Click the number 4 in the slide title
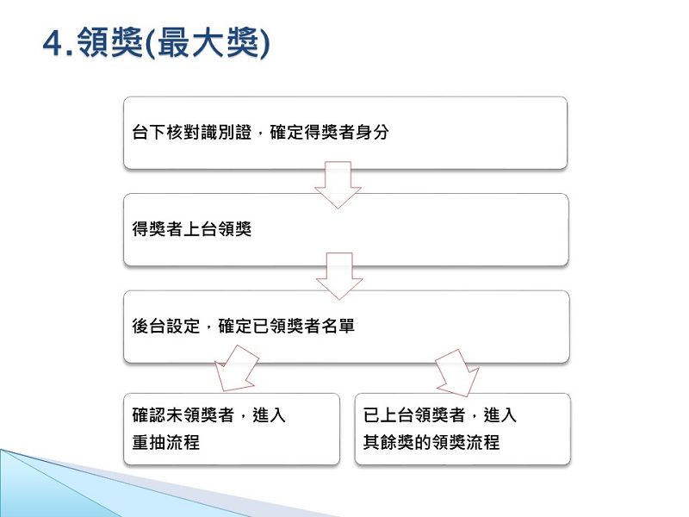tap(53, 43)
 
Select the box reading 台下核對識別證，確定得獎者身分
tap(345, 133)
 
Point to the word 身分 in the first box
tap(372, 133)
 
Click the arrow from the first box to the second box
tap(338, 184)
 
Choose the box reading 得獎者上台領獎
tap(346, 229)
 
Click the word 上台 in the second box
tap(201, 229)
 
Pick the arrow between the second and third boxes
tap(339, 276)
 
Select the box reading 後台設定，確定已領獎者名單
tap(347, 327)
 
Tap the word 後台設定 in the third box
tap(166, 327)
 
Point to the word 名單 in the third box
tap(338, 327)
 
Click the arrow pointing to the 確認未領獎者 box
tap(236, 370)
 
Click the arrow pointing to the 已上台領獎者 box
tap(458, 372)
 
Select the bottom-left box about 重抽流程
tap(232, 429)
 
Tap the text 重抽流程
tap(166, 442)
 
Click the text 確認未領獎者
tap(183, 415)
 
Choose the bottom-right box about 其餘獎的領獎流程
tap(462, 429)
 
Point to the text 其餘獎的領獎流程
tap(431, 442)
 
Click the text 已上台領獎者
tap(414, 415)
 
